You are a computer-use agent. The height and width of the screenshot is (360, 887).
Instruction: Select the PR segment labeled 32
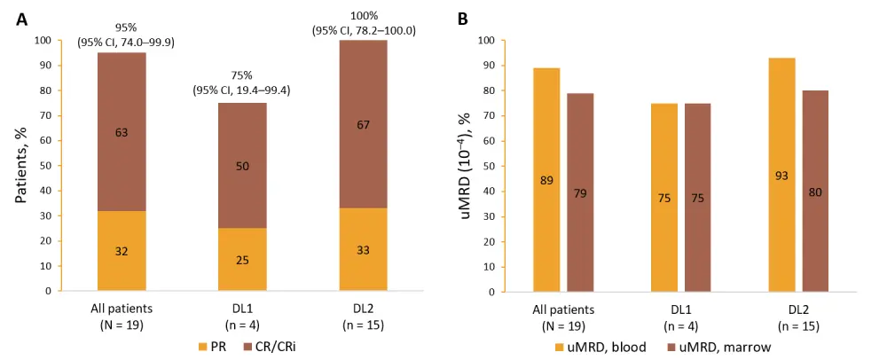tap(122, 251)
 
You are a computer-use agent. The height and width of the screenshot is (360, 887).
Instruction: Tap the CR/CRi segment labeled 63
tap(122, 132)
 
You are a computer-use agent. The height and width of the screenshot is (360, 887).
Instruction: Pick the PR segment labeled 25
tap(242, 259)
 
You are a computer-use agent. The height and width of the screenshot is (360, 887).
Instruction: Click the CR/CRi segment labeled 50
tap(242, 166)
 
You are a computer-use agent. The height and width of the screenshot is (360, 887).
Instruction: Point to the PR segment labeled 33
tap(363, 250)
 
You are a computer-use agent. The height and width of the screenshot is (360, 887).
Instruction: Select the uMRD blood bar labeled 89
tap(546, 180)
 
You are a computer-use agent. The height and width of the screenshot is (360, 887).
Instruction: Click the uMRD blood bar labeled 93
tap(783, 175)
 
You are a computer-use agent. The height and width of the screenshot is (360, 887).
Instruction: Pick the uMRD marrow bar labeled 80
tap(817, 191)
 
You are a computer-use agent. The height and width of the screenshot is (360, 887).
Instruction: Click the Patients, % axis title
tap(22, 165)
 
